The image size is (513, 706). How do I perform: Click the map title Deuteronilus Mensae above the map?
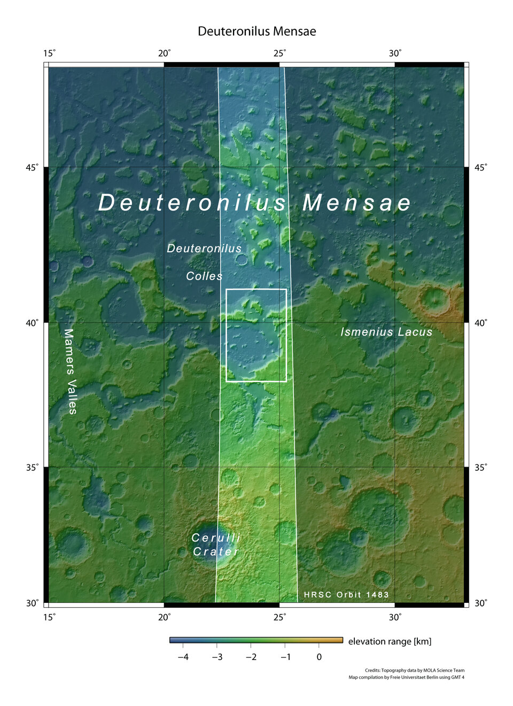click(x=256, y=31)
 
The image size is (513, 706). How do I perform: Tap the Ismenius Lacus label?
click(x=386, y=332)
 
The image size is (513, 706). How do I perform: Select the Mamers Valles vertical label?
click(x=71, y=371)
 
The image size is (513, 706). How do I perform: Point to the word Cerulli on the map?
click(x=216, y=538)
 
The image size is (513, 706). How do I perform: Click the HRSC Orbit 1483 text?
click(x=346, y=595)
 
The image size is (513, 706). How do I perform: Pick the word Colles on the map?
click(x=204, y=276)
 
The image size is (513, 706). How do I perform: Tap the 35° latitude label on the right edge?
click(x=481, y=467)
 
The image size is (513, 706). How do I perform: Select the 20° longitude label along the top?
click(x=165, y=53)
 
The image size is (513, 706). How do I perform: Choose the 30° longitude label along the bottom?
click(x=395, y=617)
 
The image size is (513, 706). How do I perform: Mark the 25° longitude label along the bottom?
click(x=279, y=617)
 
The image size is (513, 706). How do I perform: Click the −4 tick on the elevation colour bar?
click(x=183, y=657)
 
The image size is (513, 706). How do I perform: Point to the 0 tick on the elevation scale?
click(x=319, y=657)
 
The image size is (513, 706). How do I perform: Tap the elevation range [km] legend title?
click(x=390, y=641)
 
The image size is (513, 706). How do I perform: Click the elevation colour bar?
click(x=256, y=640)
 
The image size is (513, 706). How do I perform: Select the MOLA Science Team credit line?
click(x=415, y=670)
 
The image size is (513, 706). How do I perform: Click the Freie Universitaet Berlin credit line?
click(x=407, y=678)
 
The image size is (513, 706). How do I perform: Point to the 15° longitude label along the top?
click(x=49, y=53)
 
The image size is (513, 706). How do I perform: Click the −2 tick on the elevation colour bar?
click(x=251, y=657)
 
